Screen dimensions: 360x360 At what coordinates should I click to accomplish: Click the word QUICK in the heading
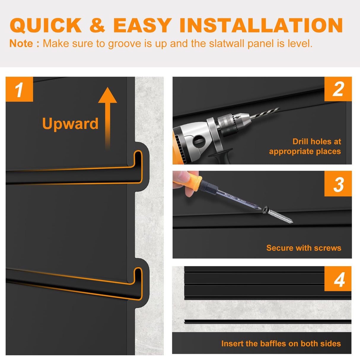click(x=46, y=26)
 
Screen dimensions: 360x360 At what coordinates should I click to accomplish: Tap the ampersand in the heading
click(x=97, y=26)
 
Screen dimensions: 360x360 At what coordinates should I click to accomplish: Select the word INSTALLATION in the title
click(x=261, y=26)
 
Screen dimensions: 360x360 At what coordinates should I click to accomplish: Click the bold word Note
click(x=21, y=44)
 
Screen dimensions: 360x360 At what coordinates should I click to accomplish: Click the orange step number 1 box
click(x=20, y=89)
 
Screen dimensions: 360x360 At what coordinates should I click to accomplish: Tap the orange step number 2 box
click(x=338, y=89)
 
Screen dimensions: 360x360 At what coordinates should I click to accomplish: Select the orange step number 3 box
click(x=338, y=184)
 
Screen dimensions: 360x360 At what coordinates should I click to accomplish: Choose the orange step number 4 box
click(x=338, y=279)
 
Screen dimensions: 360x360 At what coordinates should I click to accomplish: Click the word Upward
click(x=70, y=124)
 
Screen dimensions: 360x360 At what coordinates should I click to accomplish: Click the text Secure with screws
click(x=304, y=248)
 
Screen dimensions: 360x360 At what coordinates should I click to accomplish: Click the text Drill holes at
click(x=317, y=141)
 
